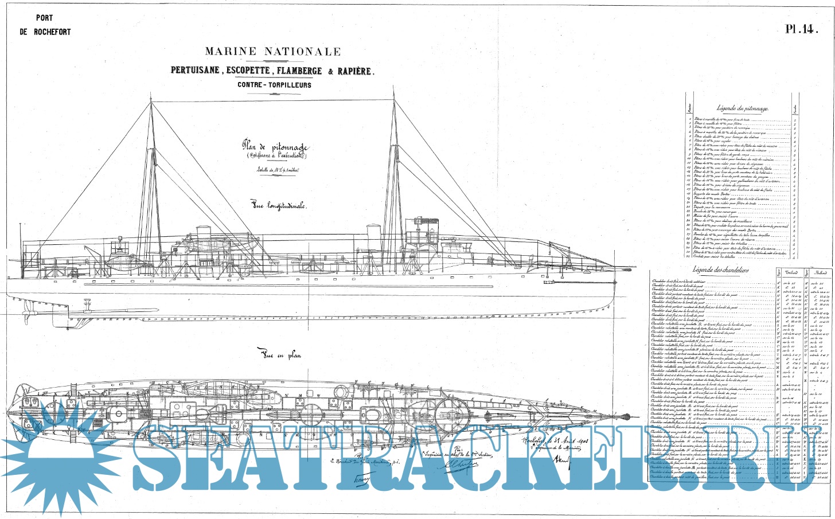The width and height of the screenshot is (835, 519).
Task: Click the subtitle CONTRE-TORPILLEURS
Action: [274, 85]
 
